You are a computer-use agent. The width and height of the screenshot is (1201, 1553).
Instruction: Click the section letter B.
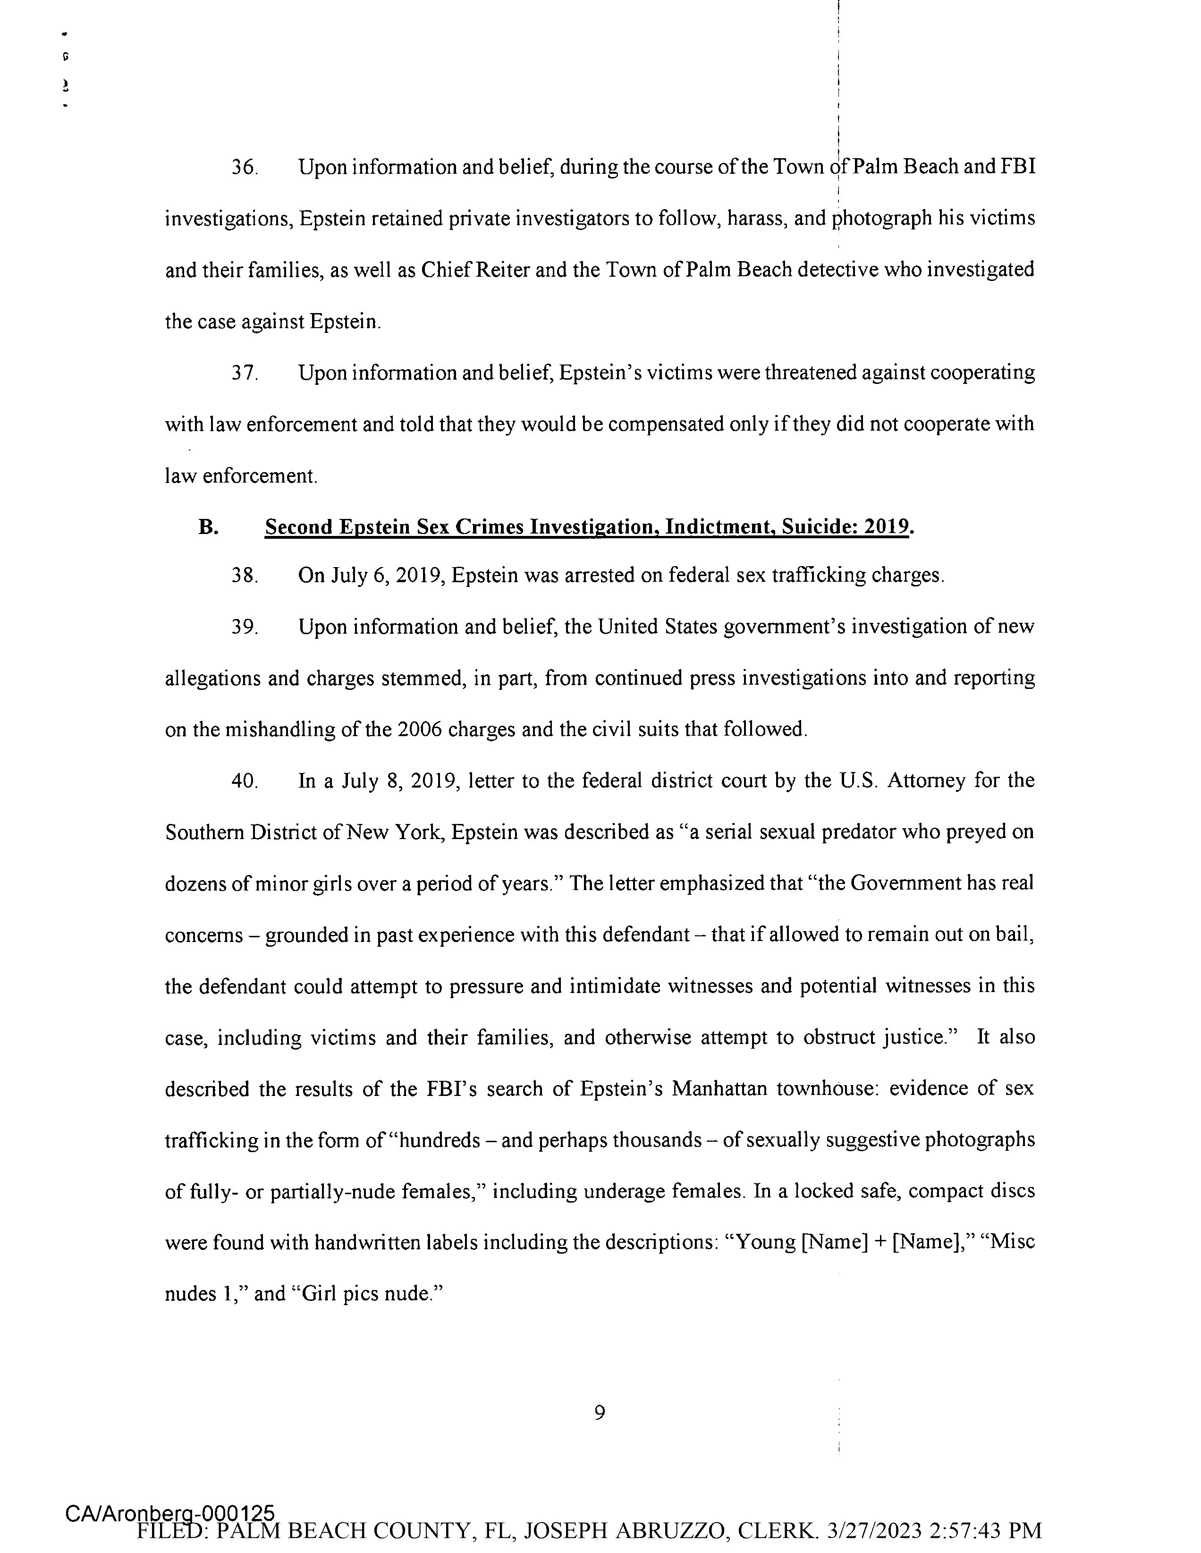point(208,527)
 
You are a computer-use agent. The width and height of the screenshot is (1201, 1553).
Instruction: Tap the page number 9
point(600,1413)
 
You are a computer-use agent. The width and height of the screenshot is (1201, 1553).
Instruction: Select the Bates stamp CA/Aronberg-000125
point(169,1513)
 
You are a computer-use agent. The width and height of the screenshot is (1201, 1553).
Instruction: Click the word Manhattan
point(719,1089)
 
